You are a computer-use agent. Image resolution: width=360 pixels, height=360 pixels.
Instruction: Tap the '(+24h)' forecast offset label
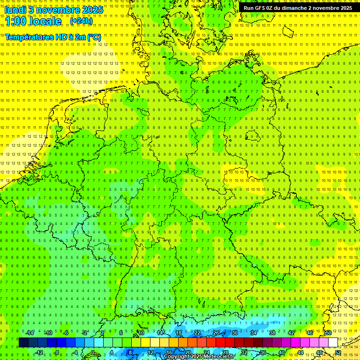pos(81,21)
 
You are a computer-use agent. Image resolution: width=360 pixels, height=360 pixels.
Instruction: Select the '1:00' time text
pos(15,21)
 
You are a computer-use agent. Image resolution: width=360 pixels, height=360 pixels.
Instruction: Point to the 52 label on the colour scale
pos(338,352)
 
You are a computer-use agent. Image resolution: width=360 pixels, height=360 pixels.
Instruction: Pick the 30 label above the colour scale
pos(235,333)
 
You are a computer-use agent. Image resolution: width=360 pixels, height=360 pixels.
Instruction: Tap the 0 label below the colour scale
pos(93,352)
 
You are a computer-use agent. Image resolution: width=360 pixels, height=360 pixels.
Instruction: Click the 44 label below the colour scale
pos(300,352)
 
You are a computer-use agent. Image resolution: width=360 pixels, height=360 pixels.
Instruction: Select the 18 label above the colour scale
pos(179,333)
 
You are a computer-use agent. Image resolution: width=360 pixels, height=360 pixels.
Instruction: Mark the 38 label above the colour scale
pos(272,333)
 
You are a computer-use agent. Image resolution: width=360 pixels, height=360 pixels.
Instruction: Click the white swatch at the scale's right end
pos(333,343)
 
